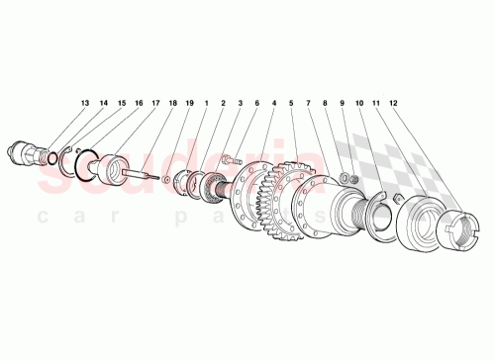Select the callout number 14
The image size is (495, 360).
(104, 103)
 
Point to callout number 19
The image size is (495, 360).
(189, 103)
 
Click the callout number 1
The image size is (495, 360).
(206, 103)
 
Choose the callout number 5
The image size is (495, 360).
(291, 103)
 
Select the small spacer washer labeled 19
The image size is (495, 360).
(167, 179)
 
